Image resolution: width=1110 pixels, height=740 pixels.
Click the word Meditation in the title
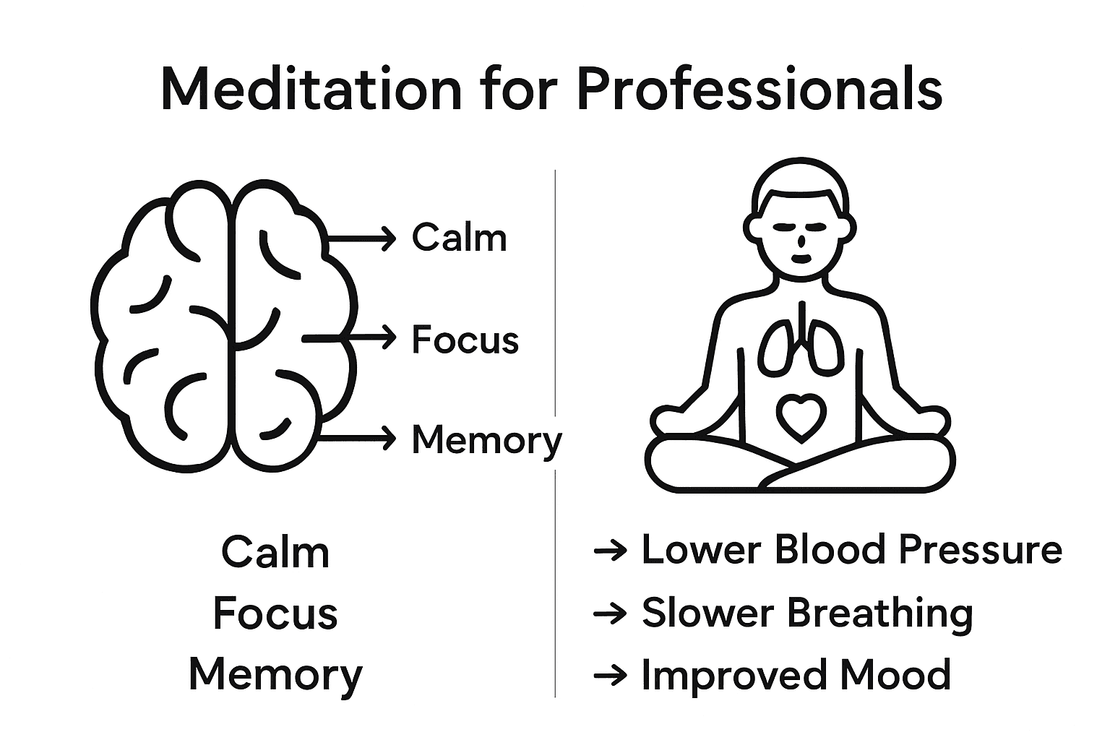tap(310, 90)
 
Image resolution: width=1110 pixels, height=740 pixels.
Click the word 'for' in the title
tap(517, 90)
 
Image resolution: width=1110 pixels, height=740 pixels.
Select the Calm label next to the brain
tap(460, 238)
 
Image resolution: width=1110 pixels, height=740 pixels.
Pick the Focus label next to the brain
tap(465, 339)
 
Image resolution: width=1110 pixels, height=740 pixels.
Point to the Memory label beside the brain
tap(486, 440)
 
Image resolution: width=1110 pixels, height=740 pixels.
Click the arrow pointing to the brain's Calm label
tap(361, 237)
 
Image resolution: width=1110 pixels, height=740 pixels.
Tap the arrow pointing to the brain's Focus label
tap(350, 337)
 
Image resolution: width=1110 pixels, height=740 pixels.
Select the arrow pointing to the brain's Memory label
tap(358, 438)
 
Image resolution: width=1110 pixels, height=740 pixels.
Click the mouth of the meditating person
tap(800, 257)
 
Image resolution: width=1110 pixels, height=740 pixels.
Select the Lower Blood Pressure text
tap(851, 550)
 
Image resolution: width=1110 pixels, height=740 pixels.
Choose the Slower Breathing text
tap(807, 613)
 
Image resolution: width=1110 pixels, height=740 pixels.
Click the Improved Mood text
tap(796, 675)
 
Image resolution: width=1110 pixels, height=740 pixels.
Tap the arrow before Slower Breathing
tap(610, 614)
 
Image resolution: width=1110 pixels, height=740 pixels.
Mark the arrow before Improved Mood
tap(610, 676)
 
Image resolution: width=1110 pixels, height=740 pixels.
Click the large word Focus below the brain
tap(275, 614)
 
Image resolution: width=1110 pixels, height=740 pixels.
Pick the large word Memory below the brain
tap(275, 675)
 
